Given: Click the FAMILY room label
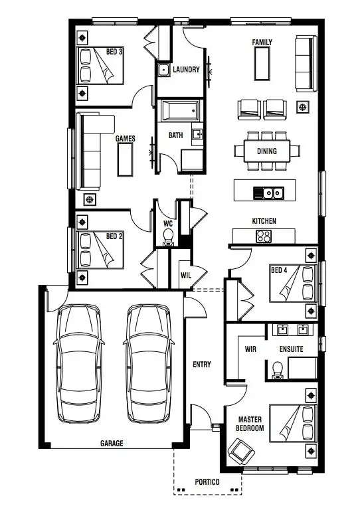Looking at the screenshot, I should click(x=262, y=42).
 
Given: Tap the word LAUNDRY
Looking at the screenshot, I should click(x=186, y=70).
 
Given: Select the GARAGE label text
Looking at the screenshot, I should click(x=112, y=443).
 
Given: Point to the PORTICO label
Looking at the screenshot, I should click(x=207, y=482).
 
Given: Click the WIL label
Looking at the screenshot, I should click(x=186, y=275).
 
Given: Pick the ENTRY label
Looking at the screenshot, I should click(x=202, y=364).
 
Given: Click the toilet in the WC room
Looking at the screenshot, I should click(x=169, y=236).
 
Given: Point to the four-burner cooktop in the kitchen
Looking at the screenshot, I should click(x=264, y=236).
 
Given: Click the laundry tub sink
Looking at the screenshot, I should click(x=164, y=69).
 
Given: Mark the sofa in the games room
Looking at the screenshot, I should click(x=91, y=150).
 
